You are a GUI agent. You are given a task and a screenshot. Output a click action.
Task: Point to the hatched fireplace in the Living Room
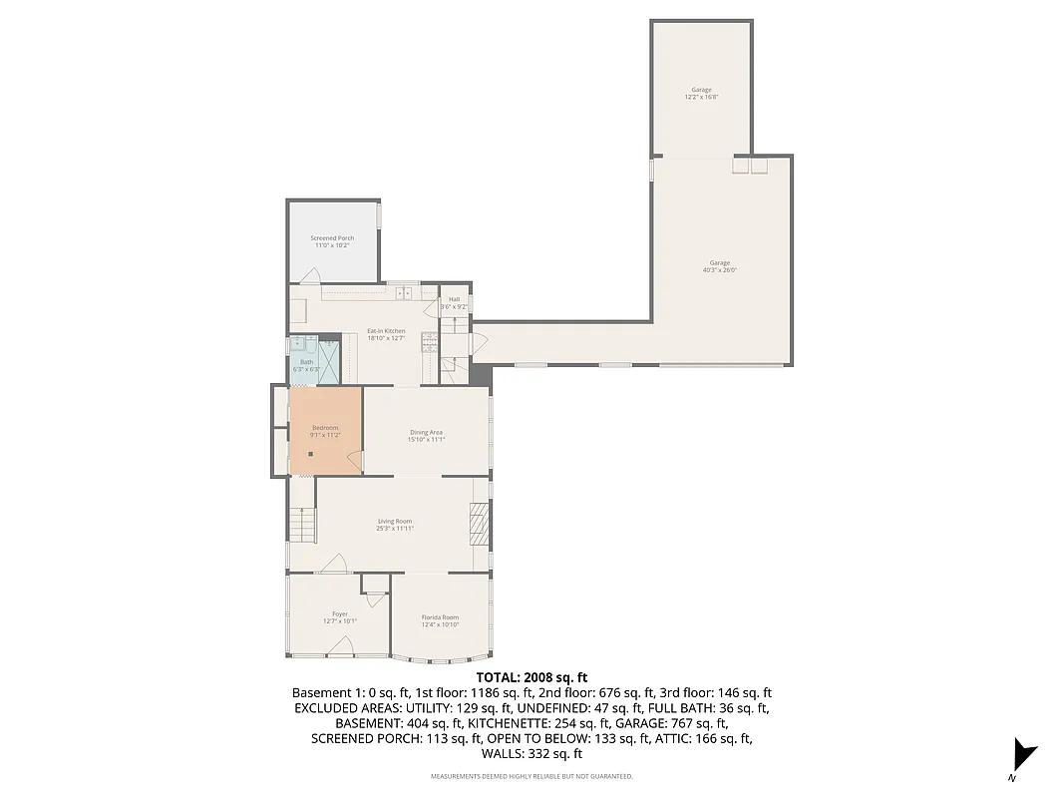pos(480,524)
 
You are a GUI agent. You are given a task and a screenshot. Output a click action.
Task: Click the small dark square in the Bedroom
pos(311,454)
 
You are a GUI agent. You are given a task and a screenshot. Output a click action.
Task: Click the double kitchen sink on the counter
pos(405,292)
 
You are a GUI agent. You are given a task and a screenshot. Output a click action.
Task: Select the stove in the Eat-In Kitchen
pos(429,341)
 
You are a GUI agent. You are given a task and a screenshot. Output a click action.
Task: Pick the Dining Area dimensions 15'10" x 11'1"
pos(426,439)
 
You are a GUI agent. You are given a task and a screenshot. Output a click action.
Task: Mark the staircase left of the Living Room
pos(301,525)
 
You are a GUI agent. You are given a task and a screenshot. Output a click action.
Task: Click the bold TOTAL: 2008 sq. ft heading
pos(532,676)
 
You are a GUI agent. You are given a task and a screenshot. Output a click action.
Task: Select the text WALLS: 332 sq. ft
pos(532,754)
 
